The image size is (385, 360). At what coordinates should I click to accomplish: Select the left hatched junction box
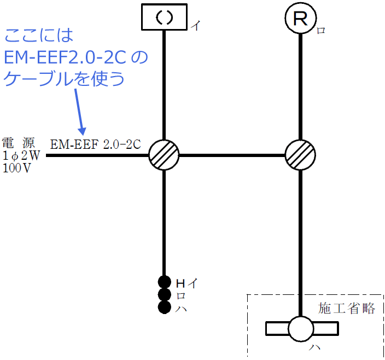[164, 155]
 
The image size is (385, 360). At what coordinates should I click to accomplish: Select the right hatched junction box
[301, 155]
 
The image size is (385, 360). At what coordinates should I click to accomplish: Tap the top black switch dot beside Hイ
[164, 282]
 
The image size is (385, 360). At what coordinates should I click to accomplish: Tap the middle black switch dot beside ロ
[164, 295]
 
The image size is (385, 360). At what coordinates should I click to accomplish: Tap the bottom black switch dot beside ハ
[164, 307]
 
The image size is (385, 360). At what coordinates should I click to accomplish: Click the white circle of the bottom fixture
[301, 329]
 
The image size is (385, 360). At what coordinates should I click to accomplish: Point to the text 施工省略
[347, 308]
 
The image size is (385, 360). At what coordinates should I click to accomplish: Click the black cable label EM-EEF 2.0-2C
[96, 144]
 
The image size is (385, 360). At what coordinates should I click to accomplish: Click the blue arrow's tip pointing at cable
[84, 133]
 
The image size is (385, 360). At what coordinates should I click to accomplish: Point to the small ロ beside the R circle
[322, 31]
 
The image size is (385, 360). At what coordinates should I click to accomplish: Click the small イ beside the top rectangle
[195, 26]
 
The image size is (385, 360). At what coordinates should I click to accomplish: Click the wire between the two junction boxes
[232, 155]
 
